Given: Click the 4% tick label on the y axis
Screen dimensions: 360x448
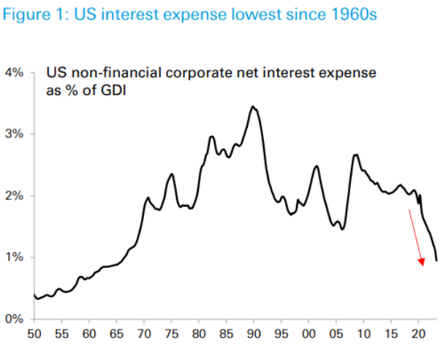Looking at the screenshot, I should (15, 73).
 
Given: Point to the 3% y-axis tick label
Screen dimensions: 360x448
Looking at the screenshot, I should (15, 134).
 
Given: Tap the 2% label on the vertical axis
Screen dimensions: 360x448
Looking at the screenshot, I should (15, 196).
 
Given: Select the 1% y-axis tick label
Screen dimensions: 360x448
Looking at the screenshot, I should (15, 258).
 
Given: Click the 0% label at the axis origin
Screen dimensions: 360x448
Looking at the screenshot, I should (15, 319).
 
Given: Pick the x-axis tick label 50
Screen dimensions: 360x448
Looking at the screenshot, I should (34, 334).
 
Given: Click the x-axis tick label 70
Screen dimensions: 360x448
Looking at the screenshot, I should (144, 334).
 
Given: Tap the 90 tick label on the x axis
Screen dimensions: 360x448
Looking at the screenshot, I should (254, 334).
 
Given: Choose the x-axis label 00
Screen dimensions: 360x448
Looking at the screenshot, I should (308, 334).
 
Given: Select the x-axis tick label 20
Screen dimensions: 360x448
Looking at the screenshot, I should (418, 334).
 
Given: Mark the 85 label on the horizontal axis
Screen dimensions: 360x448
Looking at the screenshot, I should (226, 334).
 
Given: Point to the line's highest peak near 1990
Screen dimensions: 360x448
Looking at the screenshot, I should (253, 107).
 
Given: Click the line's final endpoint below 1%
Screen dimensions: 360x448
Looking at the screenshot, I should (436, 261).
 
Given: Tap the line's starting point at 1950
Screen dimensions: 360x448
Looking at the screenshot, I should (34, 294).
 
